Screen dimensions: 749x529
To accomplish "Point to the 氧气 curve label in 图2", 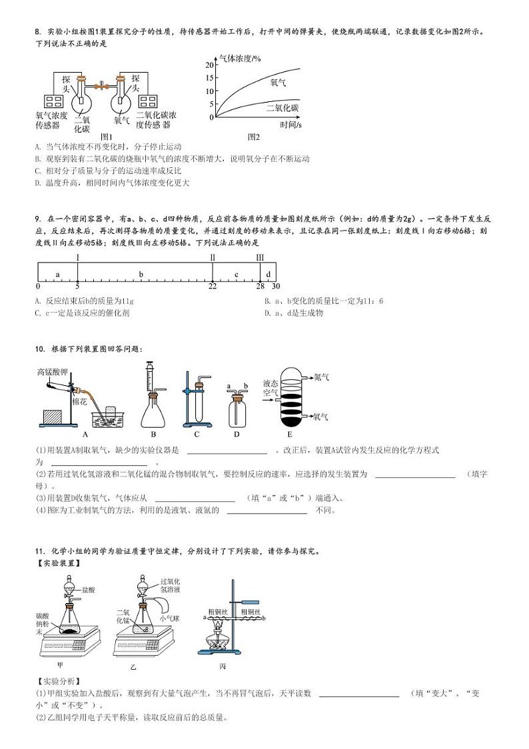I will (x=278, y=82).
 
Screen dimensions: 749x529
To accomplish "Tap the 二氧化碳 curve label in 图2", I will (x=282, y=108).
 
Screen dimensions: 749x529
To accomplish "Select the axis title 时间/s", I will (x=290, y=125).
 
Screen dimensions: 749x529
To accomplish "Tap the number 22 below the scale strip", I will (x=213, y=286).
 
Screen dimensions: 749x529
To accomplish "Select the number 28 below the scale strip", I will (x=260, y=286).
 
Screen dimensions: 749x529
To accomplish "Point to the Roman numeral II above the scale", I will (x=213, y=257).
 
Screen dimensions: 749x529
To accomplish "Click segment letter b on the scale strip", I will (x=141, y=274).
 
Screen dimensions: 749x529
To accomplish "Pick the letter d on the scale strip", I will (x=268, y=274).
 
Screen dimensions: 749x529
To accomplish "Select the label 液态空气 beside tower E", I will (x=270, y=388).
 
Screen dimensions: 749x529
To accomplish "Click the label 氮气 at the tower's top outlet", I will (x=321, y=376).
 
